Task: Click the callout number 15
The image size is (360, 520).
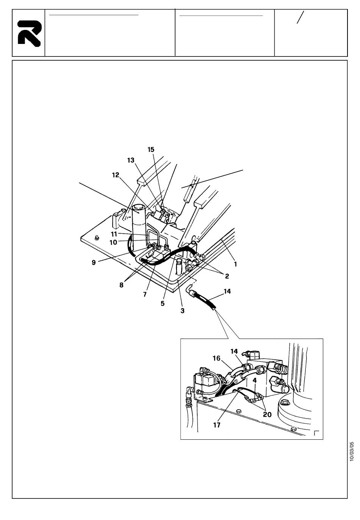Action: point(151,150)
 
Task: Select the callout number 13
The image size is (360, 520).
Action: point(131,160)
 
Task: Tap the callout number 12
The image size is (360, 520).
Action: point(116,175)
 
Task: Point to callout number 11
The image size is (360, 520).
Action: point(114,234)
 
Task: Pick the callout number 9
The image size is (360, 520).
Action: point(94,262)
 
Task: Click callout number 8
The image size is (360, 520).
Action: point(121,285)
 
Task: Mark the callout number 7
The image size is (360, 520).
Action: point(145,294)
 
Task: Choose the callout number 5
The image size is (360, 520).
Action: point(162,303)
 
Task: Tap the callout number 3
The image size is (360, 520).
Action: point(182,311)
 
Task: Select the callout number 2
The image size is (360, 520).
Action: point(227,276)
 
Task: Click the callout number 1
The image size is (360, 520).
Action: point(235,264)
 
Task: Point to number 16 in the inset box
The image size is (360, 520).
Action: point(216,358)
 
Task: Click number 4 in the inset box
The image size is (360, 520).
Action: point(255,381)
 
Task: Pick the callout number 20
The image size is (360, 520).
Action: point(267,414)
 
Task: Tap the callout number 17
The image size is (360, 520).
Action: point(217,425)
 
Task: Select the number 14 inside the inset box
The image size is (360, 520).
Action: point(234,351)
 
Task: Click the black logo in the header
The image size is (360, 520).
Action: point(30,34)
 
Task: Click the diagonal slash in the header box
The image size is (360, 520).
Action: point(300,17)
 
